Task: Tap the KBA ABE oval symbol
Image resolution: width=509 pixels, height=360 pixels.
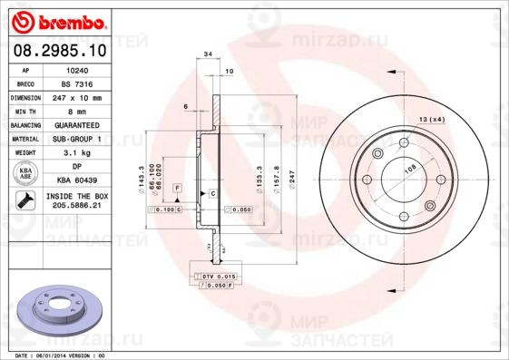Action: point(24,174)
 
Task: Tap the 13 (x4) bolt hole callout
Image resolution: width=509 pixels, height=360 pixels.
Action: point(432,120)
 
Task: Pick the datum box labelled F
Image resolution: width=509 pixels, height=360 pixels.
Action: point(178,187)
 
